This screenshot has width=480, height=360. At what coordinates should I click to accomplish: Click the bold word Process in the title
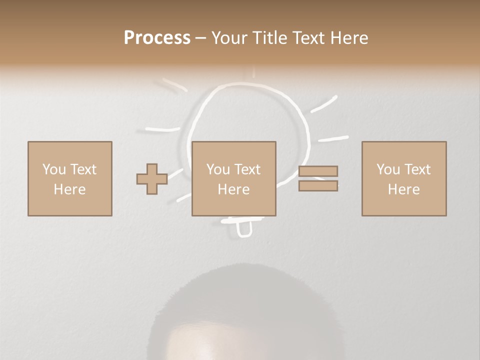pyautogui.click(x=157, y=38)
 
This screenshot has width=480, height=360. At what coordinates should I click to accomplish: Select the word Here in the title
pyautogui.click(x=349, y=38)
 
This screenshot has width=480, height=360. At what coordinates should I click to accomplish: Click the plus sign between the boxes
pyautogui.click(x=152, y=179)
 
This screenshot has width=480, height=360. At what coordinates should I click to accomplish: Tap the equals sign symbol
pyautogui.click(x=318, y=178)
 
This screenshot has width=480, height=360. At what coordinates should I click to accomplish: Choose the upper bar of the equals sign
pyautogui.click(x=318, y=171)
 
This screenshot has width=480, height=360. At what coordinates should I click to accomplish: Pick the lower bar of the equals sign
pyautogui.click(x=318, y=185)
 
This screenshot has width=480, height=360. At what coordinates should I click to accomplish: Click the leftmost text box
pyautogui.click(x=69, y=178)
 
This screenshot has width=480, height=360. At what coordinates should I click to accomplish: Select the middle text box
pyautogui.click(x=233, y=178)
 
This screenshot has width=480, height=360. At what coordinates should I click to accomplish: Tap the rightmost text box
pyautogui.click(x=403, y=178)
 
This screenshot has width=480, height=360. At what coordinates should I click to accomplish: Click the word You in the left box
pyautogui.click(x=53, y=169)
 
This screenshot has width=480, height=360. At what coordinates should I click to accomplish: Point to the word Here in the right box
pyautogui.click(x=403, y=189)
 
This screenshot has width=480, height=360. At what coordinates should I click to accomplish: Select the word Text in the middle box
pyautogui.click(x=247, y=169)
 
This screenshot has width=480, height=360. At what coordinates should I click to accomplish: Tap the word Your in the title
pyautogui.click(x=230, y=38)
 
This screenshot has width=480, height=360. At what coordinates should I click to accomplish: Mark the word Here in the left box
pyautogui.click(x=69, y=189)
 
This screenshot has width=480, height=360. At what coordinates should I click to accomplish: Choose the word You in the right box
pyautogui.click(x=388, y=169)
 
